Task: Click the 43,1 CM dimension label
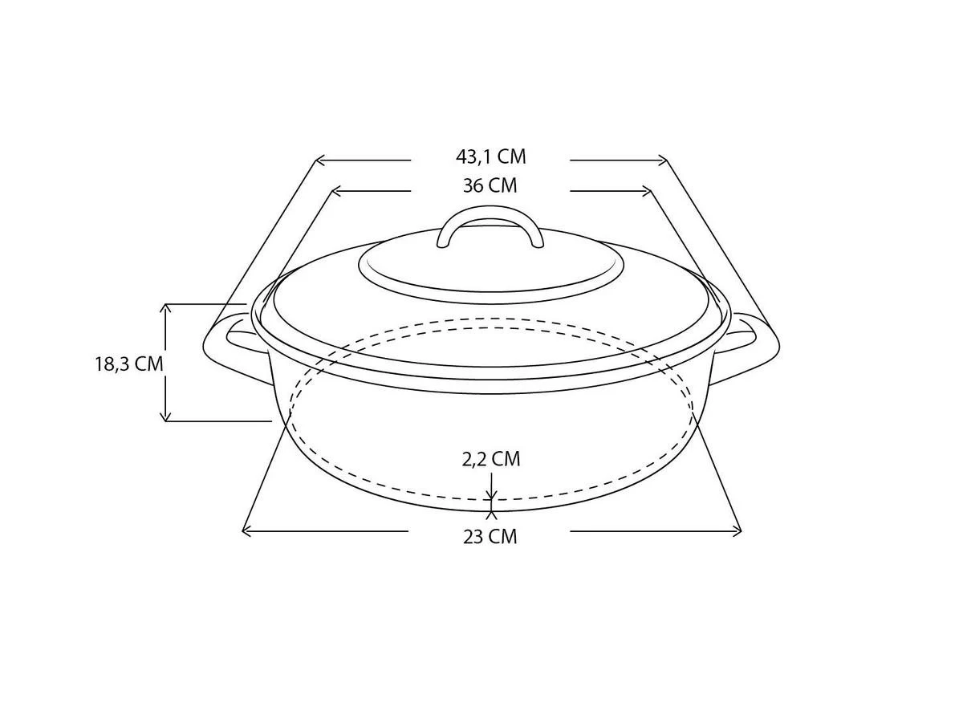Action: pyautogui.click(x=490, y=156)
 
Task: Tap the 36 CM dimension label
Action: pyautogui.click(x=490, y=186)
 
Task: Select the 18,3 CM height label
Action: pyautogui.click(x=128, y=364)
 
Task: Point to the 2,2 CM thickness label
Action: pyautogui.click(x=490, y=459)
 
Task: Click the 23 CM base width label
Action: pyautogui.click(x=490, y=537)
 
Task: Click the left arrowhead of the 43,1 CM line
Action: pyautogui.click(x=318, y=160)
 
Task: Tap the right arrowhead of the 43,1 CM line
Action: pyautogui.click(x=663, y=160)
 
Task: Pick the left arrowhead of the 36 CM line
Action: pyautogui.click(x=335, y=191)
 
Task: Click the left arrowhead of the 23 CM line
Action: pyautogui.click(x=246, y=530)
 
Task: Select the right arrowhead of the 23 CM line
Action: pyautogui.click(x=737, y=530)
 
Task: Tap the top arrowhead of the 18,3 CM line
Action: pyautogui.click(x=166, y=308)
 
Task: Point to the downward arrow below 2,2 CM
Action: pyautogui.click(x=491, y=492)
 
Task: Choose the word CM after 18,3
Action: pyautogui.click(x=149, y=364)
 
